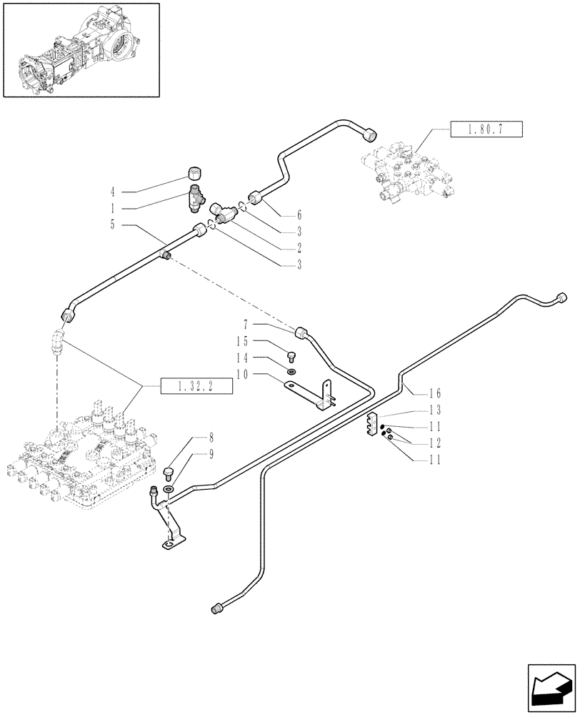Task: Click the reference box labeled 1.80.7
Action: click(x=487, y=131)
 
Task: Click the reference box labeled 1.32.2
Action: click(x=188, y=387)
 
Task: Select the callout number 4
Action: click(x=112, y=192)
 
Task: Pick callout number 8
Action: click(x=191, y=435)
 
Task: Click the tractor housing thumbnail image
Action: click(x=80, y=49)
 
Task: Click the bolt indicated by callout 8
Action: click(x=169, y=472)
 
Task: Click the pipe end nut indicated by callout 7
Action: click(x=301, y=332)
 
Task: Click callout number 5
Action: click(x=112, y=225)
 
